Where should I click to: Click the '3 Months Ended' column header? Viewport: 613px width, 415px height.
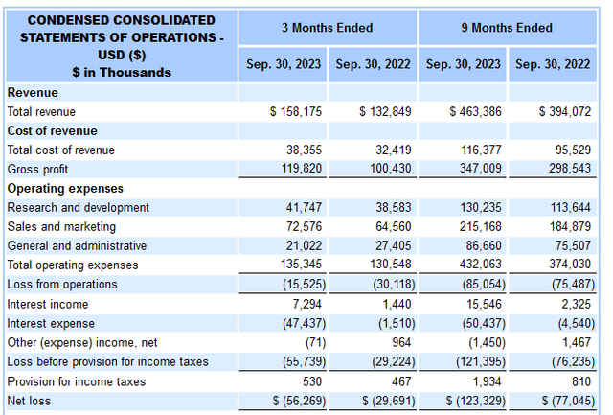(x=328, y=28)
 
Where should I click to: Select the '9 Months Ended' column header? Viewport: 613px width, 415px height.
(x=507, y=28)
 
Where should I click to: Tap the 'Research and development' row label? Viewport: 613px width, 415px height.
(x=79, y=207)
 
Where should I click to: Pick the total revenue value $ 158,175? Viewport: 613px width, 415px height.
(x=296, y=112)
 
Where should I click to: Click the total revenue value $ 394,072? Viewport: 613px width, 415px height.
(x=565, y=112)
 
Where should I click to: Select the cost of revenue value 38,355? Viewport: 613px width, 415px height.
(x=304, y=150)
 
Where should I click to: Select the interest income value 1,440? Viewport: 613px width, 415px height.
(x=397, y=304)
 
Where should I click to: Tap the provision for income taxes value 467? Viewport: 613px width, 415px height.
(x=401, y=381)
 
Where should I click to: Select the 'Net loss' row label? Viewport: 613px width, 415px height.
(x=30, y=401)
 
